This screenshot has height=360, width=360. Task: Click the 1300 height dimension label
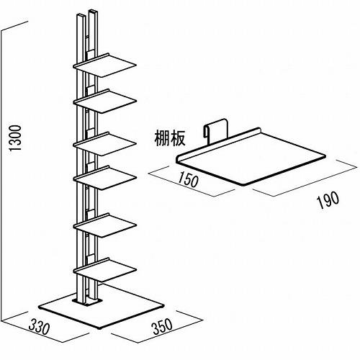15,138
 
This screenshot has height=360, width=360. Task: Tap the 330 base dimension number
39,327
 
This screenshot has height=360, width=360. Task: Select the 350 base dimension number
163,326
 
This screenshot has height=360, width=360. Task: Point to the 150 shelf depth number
188,179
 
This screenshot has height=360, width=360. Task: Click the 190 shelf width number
328,199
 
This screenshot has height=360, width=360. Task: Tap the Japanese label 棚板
170,139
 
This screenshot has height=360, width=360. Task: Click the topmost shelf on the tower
105,65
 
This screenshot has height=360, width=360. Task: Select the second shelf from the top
105,101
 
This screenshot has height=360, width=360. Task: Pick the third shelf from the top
105,144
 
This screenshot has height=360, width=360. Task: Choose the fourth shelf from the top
105,178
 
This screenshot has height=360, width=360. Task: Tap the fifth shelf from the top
105,225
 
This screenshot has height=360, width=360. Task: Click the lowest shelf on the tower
105,270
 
